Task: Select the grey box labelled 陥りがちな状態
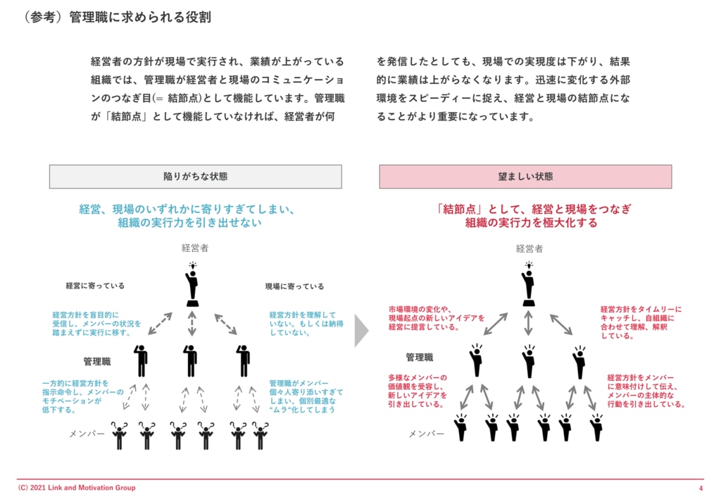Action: pyautogui.click(x=195, y=176)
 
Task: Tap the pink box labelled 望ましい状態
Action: pyautogui.click(x=525, y=176)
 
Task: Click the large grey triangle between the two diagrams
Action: pyautogui.click(x=361, y=331)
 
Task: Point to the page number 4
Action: pyautogui.click(x=701, y=488)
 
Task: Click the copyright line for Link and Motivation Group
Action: pyautogui.click(x=77, y=488)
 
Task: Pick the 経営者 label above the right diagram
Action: pyautogui.click(x=529, y=248)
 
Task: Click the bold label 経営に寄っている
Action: pyautogui.click(x=95, y=286)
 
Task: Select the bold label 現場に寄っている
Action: pyautogui.click(x=294, y=286)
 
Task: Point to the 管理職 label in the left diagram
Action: pyautogui.click(x=97, y=361)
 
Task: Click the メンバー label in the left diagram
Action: pyautogui.click(x=87, y=433)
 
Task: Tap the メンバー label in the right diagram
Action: pyautogui.click(x=427, y=433)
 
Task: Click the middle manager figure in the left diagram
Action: pyautogui.click(x=191, y=360)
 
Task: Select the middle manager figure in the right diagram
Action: pyautogui.click(x=529, y=360)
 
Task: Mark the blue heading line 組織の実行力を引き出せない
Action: pyautogui.click(x=190, y=223)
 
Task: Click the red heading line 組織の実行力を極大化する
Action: pyautogui.click(x=531, y=223)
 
